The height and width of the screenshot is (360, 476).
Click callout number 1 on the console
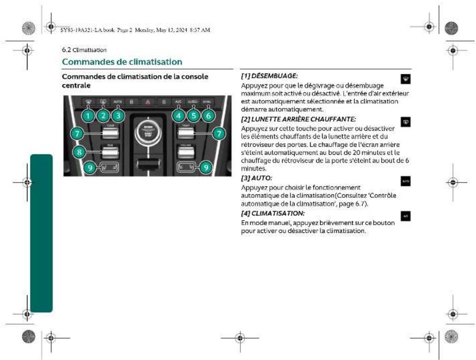[87, 115]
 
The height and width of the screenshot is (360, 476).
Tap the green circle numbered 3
[118, 115]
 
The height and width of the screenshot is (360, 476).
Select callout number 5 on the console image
[194, 115]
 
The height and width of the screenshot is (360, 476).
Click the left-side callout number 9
[89, 167]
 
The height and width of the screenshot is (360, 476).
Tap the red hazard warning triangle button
[147, 101]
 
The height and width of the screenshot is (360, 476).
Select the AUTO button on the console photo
[117, 101]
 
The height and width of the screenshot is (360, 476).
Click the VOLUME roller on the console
[186, 150]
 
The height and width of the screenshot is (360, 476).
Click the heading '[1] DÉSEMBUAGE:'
[269, 76]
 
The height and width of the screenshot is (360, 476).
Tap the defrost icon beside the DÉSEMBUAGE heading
[405, 79]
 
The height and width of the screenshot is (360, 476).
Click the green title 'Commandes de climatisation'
[121, 61]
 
